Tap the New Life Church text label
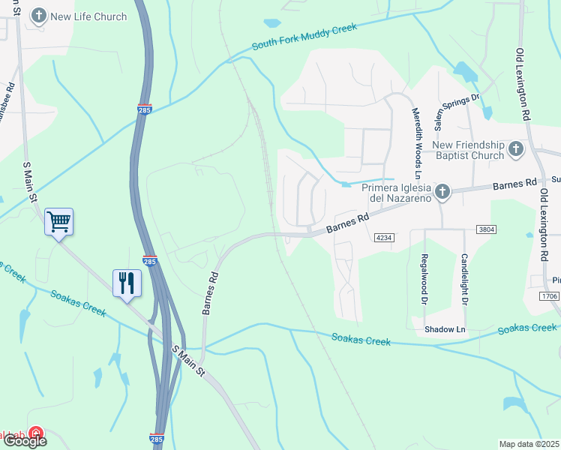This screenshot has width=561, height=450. click(89, 16)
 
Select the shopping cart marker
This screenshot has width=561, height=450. click(58, 221)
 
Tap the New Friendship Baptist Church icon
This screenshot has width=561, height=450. click(516, 149)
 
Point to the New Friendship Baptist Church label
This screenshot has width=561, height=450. click(466, 150)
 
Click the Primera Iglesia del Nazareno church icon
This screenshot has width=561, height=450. click(442, 192)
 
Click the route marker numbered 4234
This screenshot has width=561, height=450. click(384, 238)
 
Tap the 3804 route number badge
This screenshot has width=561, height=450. click(487, 229)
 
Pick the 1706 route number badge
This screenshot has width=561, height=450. click(549, 297)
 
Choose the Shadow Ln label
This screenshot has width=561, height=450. click(445, 329)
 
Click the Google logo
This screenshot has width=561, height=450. click(25, 441)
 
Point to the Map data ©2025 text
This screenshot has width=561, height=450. click(529, 444)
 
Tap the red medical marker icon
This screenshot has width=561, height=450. click(35, 434)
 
